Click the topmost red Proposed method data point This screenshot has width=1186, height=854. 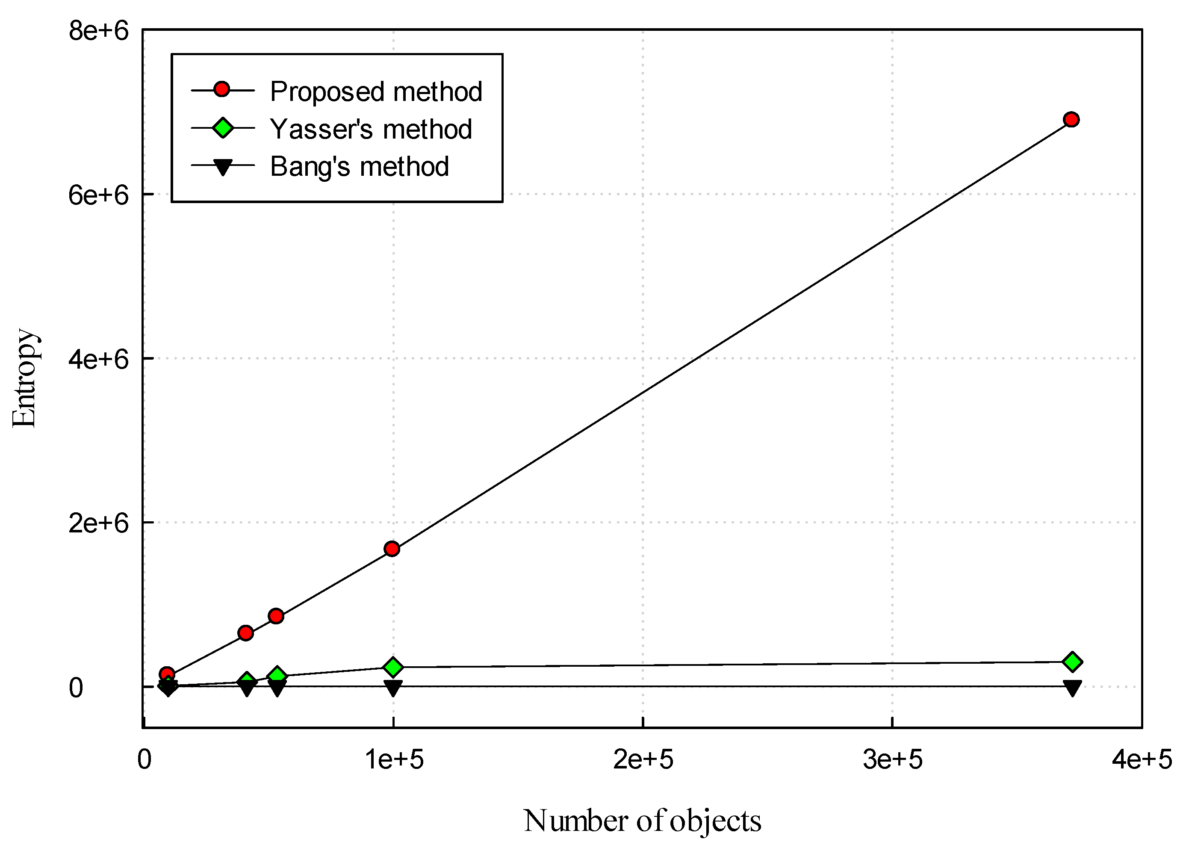(1071, 120)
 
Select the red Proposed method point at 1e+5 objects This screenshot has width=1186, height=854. (392, 549)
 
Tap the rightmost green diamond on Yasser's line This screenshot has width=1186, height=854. (1072, 662)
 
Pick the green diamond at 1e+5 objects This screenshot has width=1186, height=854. (393, 667)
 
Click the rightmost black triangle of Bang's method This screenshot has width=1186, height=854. (1072, 688)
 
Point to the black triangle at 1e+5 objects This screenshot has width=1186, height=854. (393, 688)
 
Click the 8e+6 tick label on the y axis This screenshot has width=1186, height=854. (98, 31)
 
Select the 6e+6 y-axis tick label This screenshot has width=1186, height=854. (98, 195)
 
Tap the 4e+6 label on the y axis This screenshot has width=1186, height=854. (98, 359)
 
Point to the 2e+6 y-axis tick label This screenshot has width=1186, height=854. (98, 523)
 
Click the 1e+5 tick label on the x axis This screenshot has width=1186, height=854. (394, 759)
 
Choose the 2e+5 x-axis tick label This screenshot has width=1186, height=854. (643, 759)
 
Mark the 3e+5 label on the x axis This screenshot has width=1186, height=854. (893, 759)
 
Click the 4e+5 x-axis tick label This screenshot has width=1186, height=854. (1142, 759)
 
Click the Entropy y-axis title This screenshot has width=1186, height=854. (24, 378)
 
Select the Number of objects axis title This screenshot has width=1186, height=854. (642, 820)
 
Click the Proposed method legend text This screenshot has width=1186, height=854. (376, 92)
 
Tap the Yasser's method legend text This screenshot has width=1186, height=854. (371, 129)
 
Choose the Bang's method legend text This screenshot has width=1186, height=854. (359, 167)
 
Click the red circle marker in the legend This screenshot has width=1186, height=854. (222, 90)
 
